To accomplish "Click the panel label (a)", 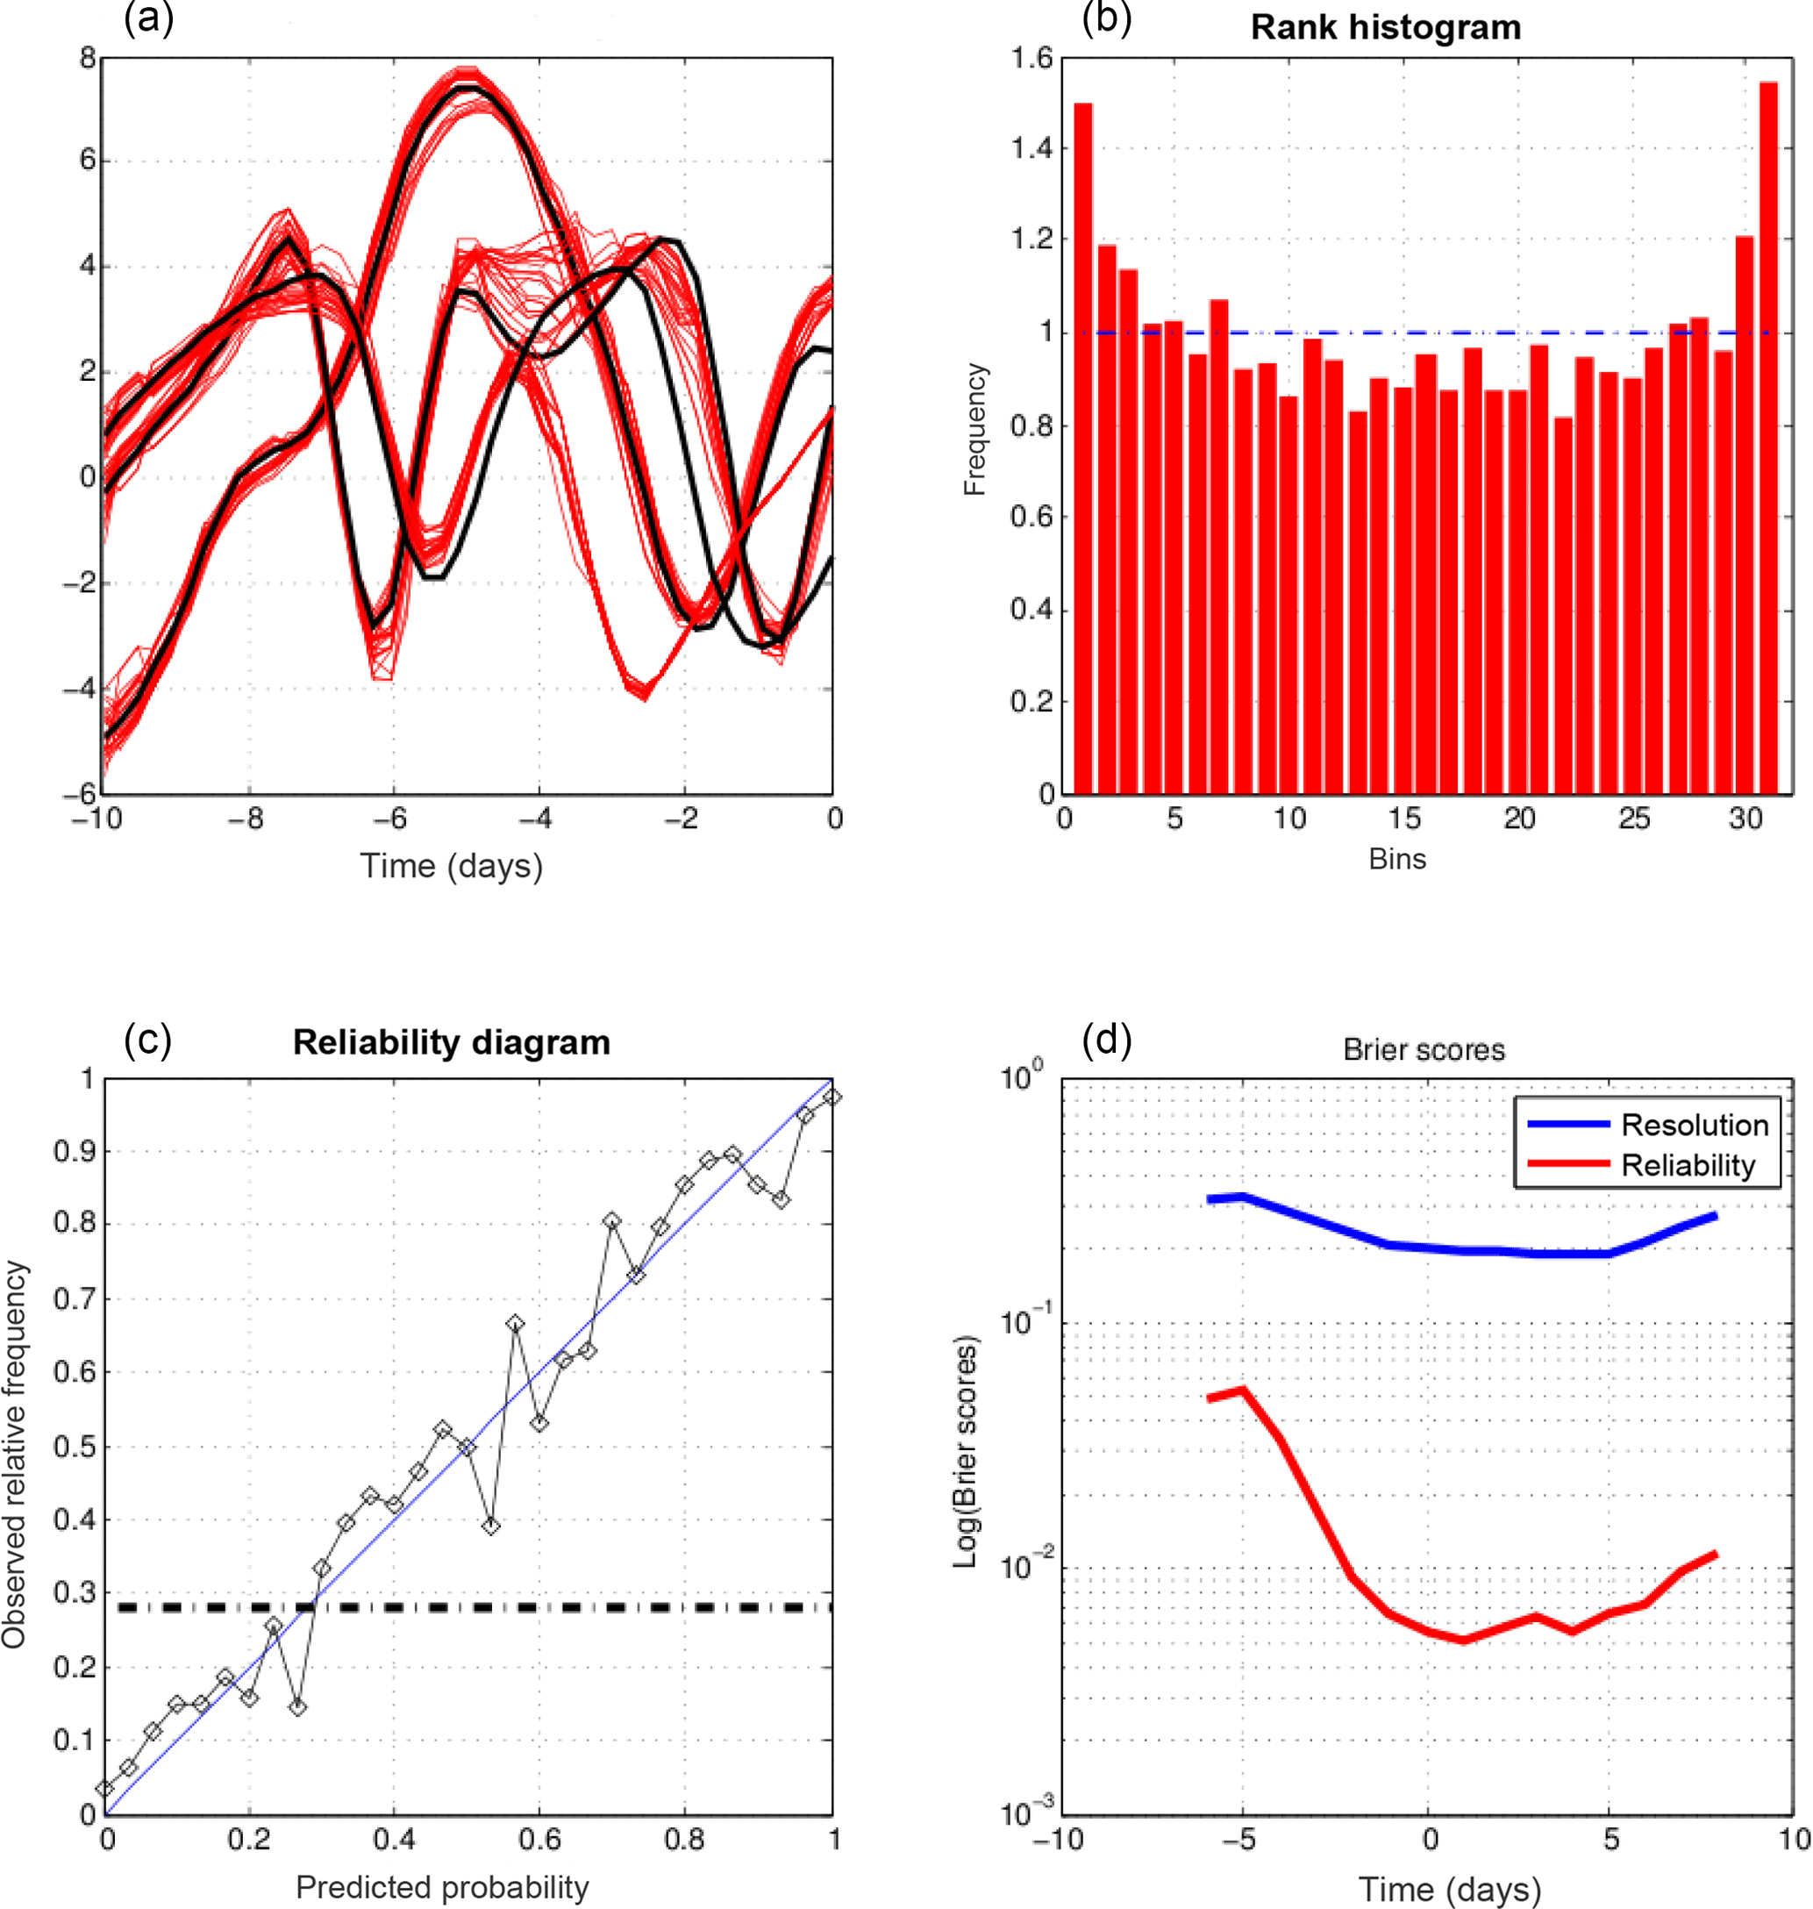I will point(148,18).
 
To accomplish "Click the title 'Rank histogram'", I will point(1385,27).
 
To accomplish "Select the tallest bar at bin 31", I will point(1767,435).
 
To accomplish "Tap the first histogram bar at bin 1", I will point(1083,449).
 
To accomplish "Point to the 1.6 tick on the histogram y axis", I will point(1031,60).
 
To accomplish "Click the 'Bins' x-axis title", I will point(1396,859).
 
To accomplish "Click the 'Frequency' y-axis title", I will point(975,429).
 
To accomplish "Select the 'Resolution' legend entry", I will point(1693,1125).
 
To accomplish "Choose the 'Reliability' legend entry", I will point(1687,1166).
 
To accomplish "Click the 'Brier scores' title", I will point(1424,1051).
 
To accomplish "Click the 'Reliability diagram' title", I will point(452,1043).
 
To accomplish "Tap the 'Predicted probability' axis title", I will point(442,1887).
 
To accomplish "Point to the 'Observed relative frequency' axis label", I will point(16,1454).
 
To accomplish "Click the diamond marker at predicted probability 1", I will point(832,1097).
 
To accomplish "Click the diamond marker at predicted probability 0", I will point(105,1788).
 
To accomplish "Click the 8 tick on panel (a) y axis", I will point(88,58).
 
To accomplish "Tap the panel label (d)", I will point(1107,1040).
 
